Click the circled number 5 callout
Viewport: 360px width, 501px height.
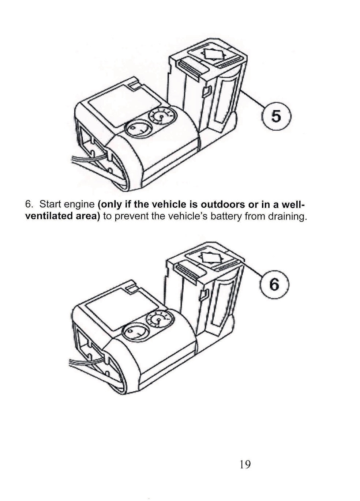[276, 116]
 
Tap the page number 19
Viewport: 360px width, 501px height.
[245, 465]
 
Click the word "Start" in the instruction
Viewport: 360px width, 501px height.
[50, 204]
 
